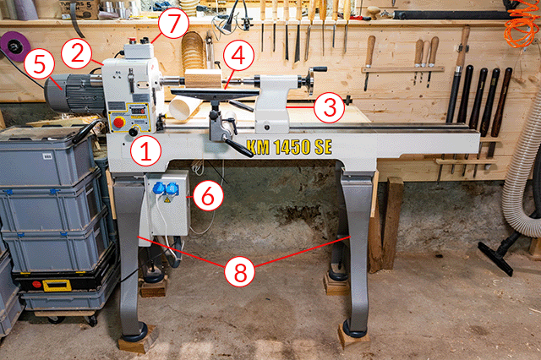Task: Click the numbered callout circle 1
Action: coord(146,151)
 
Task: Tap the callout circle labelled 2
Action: coord(77,53)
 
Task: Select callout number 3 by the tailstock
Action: coord(329,107)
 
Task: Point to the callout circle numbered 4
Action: coord(238,56)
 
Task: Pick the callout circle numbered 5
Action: coord(40,64)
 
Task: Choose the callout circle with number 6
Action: coord(208,195)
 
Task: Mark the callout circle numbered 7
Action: coord(173,23)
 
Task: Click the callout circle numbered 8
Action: coord(240,271)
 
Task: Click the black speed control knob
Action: coord(134,132)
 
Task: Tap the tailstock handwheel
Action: coord(311,80)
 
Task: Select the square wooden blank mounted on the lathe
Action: coord(203,79)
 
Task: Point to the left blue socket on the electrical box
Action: coord(159,188)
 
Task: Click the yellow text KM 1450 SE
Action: coord(289,147)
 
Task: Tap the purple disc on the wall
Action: coord(15,46)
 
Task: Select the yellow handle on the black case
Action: coord(57,286)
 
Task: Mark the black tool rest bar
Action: coord(215,92)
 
